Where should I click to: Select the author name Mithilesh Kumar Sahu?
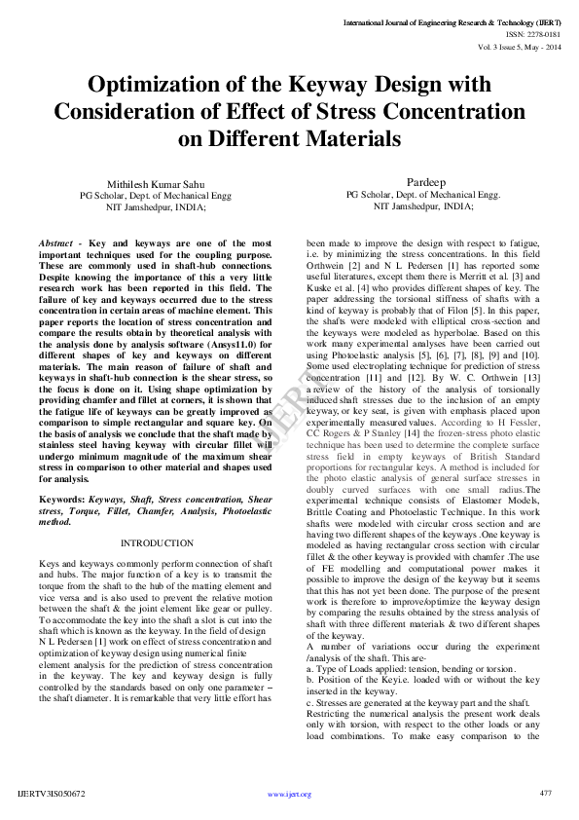156,183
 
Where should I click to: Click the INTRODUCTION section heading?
157,542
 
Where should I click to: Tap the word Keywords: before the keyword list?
59,499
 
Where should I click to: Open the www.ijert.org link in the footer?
289,795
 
